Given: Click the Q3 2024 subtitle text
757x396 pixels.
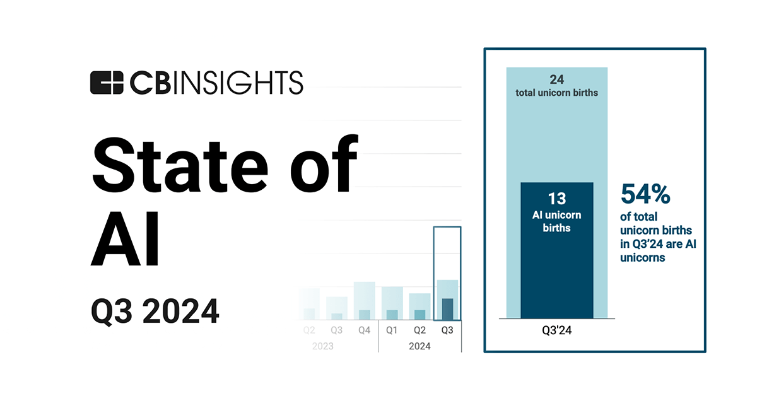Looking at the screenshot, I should (155, 312).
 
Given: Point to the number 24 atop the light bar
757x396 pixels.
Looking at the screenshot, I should (557, 80).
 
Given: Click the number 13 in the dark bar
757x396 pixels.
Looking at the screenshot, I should (557, 199).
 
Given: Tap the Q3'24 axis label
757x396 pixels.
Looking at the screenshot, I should (557, 331).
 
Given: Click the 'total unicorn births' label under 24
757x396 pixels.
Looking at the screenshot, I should (557, 93).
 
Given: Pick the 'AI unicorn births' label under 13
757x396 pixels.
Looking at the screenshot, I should (557, 221).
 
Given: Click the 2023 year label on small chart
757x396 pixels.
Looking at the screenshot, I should (322, 346).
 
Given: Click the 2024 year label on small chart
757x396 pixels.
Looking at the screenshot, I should (420, 346).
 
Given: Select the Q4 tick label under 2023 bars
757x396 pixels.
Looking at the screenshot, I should (365, 330).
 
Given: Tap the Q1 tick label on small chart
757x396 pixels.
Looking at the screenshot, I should (392, 330).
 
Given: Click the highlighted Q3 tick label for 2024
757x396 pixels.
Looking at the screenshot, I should (447, 330).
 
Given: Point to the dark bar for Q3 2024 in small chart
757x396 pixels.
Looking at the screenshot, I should (447, 309).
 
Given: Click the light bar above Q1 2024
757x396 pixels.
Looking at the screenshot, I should (392, 298).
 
